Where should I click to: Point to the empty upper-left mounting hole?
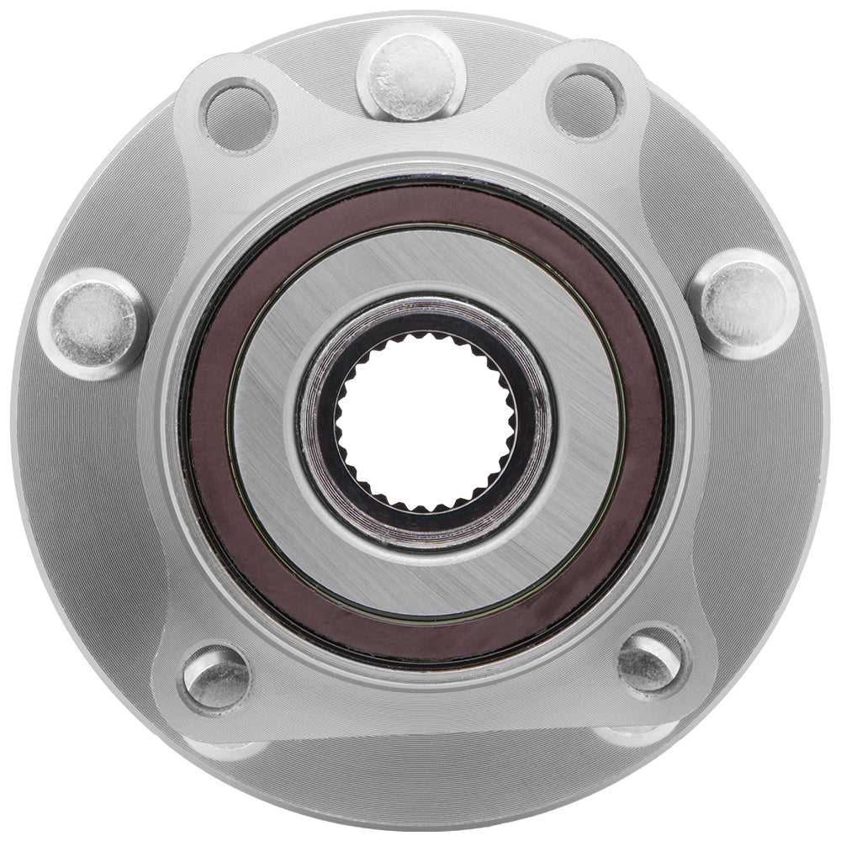(239, 115)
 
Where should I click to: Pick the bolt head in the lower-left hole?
(216, 678)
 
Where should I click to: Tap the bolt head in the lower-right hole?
(649, 661)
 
